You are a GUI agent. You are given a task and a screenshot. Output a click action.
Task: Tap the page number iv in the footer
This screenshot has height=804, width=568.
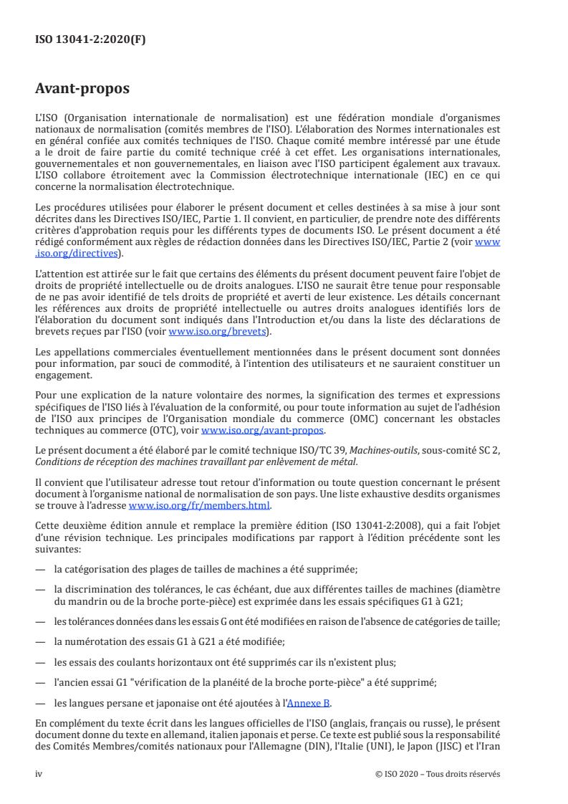pyautogui.click(x=39, y=774)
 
